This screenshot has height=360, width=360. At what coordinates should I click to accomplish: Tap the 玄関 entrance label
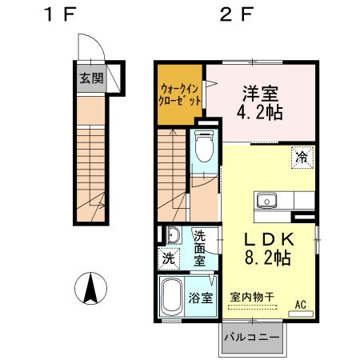click(90, 78)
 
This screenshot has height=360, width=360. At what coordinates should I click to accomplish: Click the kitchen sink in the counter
click(266, 200)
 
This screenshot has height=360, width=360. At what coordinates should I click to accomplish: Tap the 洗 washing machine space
click(170, 258)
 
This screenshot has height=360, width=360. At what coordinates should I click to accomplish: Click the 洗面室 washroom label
click(200, 248)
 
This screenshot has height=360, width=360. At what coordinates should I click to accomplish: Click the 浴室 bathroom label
click(201, 298)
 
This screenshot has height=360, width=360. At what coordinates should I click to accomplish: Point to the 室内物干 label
click(252, 296)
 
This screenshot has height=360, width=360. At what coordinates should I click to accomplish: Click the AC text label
click(302, 305)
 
